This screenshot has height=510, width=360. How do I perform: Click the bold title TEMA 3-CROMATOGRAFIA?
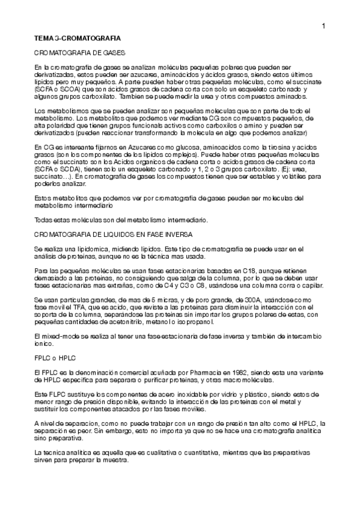point(78,38)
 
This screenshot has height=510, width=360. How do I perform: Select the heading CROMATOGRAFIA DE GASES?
point(79,53)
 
